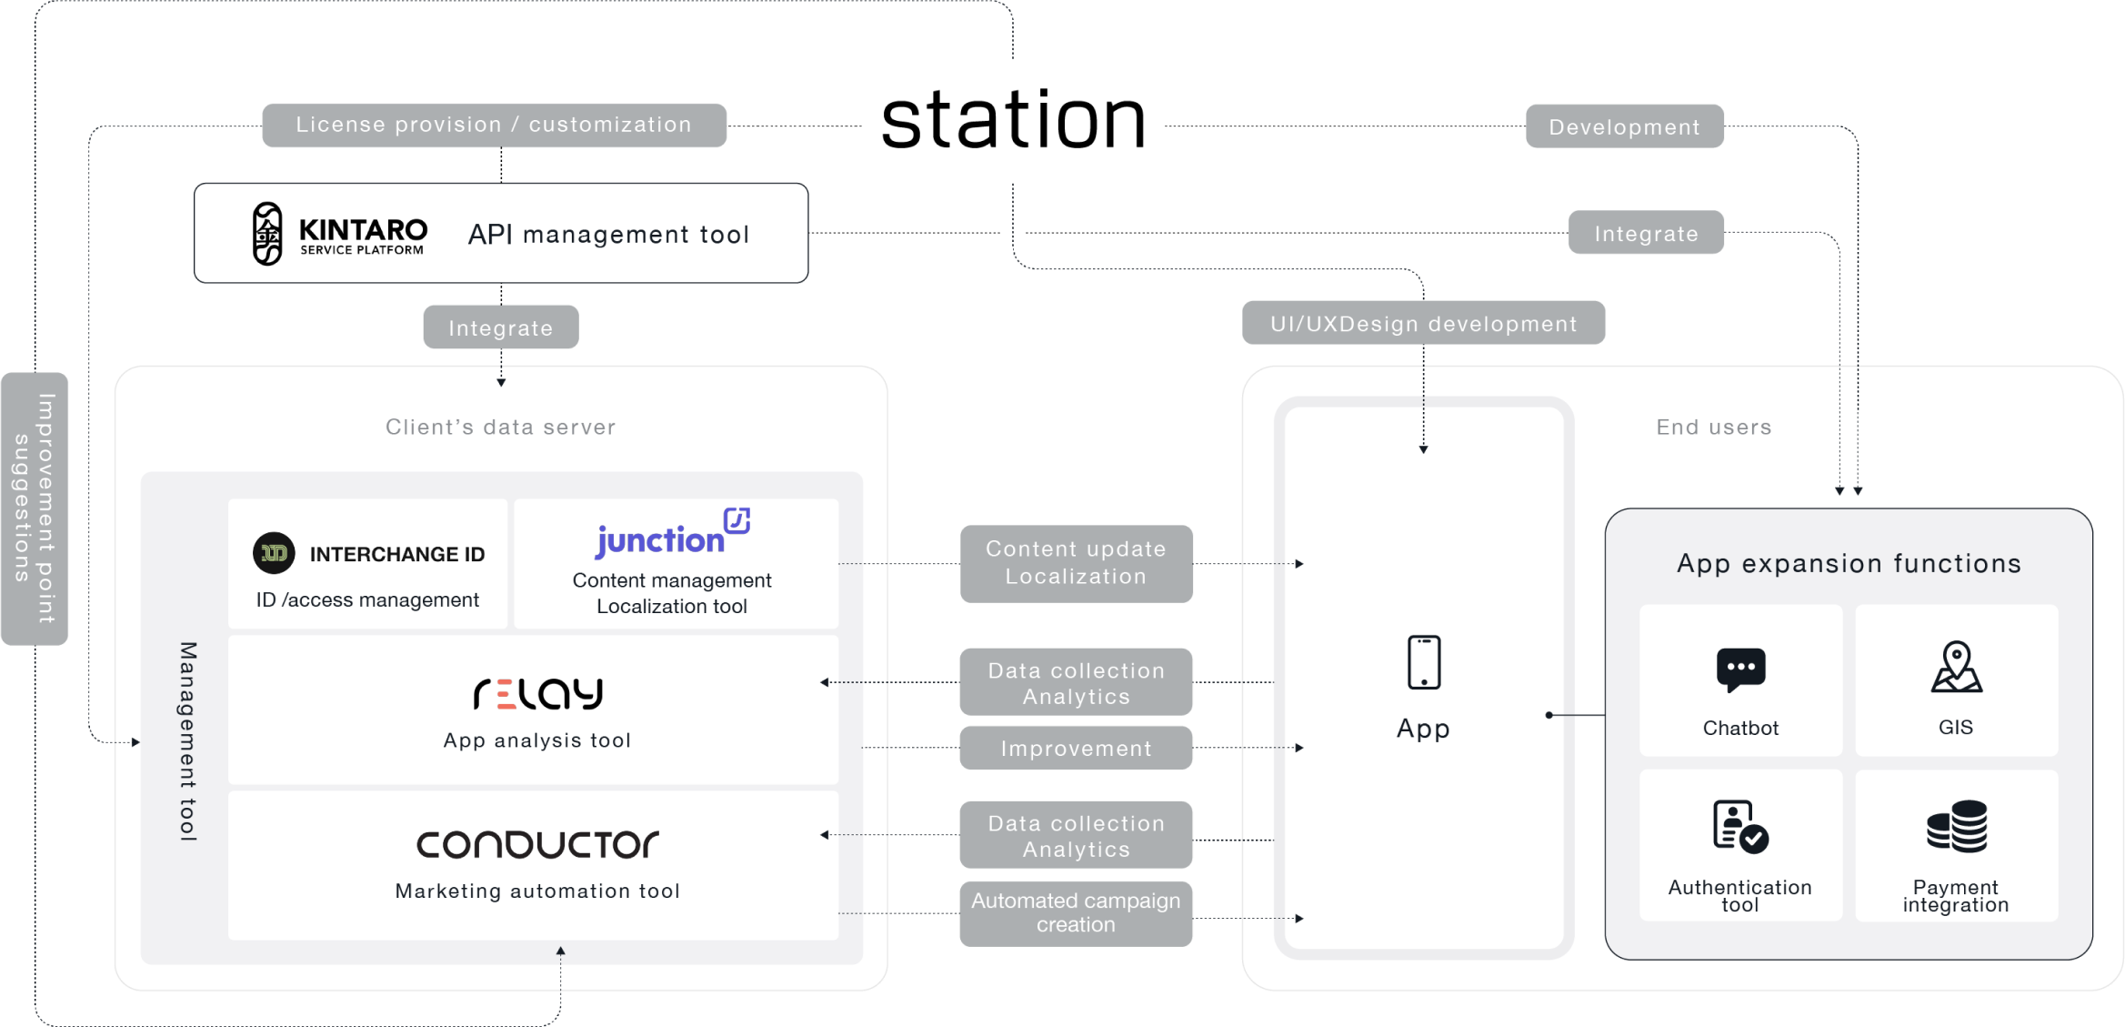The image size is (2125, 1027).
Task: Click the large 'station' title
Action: tap(1013, 120)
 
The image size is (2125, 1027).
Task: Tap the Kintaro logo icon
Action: tap(267, 234)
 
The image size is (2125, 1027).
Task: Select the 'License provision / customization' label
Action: tap(494, 125)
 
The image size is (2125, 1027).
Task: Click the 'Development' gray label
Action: tap(1624, 126)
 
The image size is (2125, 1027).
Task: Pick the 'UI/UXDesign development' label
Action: tap(1423, 323)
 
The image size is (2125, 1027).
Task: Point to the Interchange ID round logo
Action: tap(274, 553)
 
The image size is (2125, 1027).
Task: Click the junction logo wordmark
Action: tap(673, 533)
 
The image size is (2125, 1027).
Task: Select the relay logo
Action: tap(537, 694)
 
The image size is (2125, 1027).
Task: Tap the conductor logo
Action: tap(537, 844)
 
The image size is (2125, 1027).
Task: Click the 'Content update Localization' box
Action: tap(1076, 563)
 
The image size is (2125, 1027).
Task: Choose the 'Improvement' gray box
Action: tap(1076, 748)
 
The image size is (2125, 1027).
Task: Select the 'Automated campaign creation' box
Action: tap(1076, 913)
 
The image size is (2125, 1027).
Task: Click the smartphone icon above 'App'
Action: tap(1424, 662)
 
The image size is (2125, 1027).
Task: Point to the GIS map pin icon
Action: tap(1956, 668)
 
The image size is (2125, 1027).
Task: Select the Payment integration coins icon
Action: tap(1957, 826)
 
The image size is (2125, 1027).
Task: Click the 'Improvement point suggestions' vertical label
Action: tap(35, 508)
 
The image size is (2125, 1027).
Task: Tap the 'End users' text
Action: tap(1714, 427)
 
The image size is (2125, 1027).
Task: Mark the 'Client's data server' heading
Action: tap(501, 427)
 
